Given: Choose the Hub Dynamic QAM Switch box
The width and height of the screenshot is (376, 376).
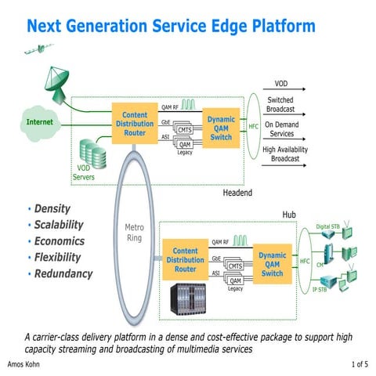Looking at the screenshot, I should click(x=273, y=265).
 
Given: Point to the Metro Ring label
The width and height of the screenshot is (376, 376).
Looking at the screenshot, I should click(x=135, y=233).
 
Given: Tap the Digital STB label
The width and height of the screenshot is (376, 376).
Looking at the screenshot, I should click(x=327, y=227).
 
